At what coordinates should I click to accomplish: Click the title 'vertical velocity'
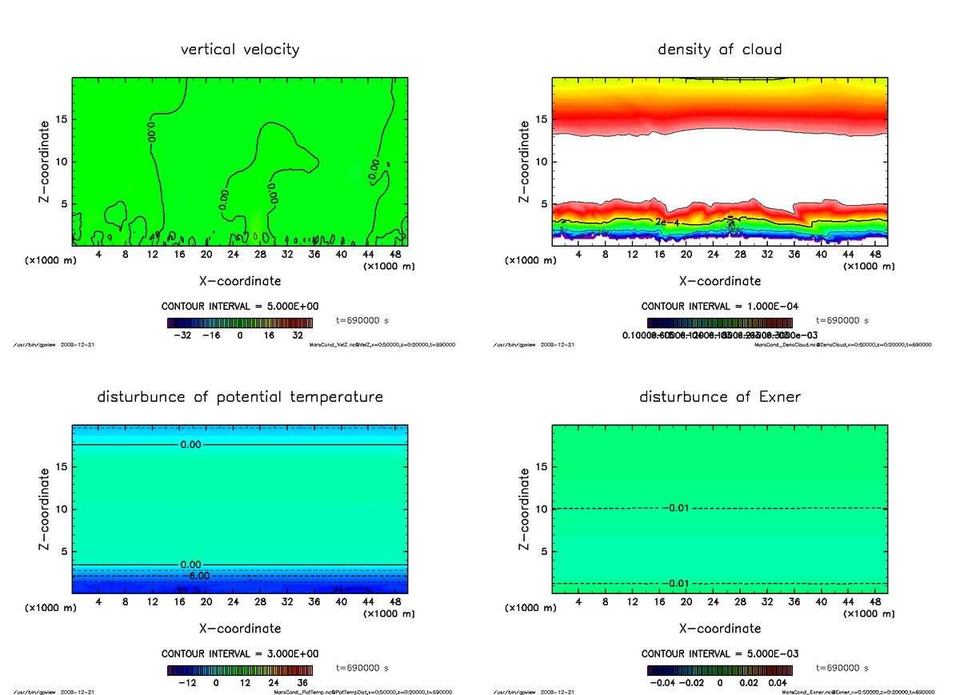pyautogui.click(x=240, y=50)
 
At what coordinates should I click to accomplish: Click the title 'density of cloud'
pyautogui.click(x=719, y=50)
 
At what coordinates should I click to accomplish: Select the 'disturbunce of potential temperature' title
pyautogui.click(x=240, y=397)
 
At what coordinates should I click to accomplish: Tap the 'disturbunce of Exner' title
pyautogui.click(x=719, y=397)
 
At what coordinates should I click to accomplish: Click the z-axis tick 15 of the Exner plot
pyautogui.click(x=540, y=468)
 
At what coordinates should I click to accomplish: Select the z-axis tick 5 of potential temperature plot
pyautogui.click(x=62, y=551)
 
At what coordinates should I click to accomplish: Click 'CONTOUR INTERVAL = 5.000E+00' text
pyautogui.click(x=240, y=306)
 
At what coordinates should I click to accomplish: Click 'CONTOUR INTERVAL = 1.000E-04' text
pyautogui.click(x=719, y=306)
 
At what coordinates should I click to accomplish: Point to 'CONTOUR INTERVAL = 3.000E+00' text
pyautogui.click(x=240, y=653)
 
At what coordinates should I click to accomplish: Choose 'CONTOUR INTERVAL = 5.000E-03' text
pyautogui.click(x=719, y=653)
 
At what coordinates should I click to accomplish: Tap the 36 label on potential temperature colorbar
pyautogui.click(x=302, y=683)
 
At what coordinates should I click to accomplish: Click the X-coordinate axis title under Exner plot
pyautogui.click(x=719, y=629)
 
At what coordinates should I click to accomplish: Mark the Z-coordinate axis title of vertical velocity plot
pyautogui.click(x=46, y=161)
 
